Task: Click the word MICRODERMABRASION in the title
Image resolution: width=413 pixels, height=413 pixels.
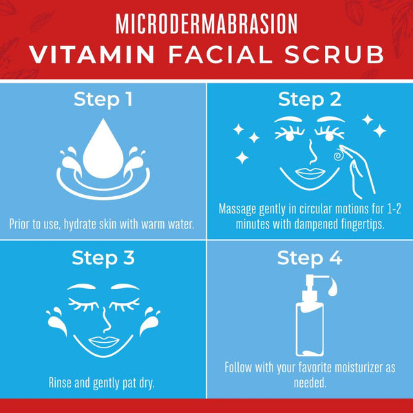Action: (x=206, y=23)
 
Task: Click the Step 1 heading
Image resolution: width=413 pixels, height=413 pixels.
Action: (x=103, y=100)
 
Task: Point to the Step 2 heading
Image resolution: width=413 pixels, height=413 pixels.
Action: (x=310, y=100)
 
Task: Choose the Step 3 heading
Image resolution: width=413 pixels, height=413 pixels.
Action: (x=103, y=259)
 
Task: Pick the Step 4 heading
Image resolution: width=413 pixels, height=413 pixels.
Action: (x=309, y=259)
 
